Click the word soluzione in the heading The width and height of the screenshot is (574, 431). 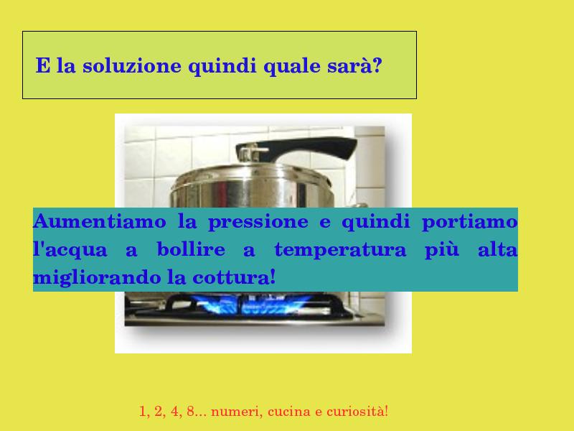click(132, 66)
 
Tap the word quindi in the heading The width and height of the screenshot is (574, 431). click(222, 67)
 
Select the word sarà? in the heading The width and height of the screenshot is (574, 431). click(354, 65)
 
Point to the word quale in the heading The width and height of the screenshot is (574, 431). click(292, 67)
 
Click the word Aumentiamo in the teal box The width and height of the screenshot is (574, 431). click(100, 221)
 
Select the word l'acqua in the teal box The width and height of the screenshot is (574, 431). click(70, 250)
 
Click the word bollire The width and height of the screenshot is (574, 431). click(191, 249)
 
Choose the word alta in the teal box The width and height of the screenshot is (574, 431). click(497, 249)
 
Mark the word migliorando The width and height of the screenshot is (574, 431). click(97, 278)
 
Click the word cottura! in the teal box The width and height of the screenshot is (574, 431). click(234, 277)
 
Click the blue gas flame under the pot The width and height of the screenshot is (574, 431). click(253, 304)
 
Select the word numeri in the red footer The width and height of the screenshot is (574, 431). click(237, 411)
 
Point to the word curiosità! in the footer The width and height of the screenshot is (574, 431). click(357, 411)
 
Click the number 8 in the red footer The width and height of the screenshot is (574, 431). click(190, 411)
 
